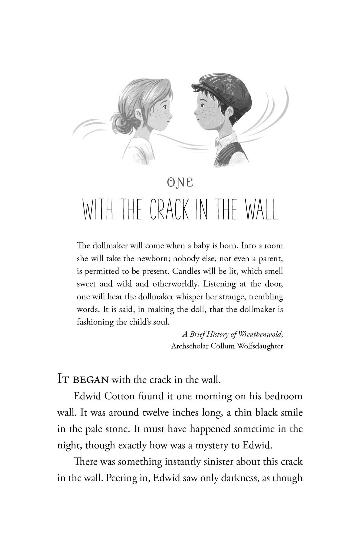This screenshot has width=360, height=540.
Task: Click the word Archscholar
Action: (190, 346)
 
